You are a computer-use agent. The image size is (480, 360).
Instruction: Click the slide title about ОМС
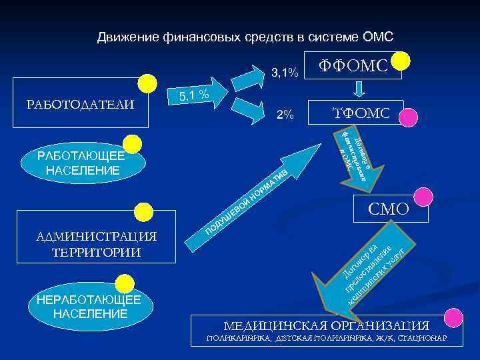pos(245,36)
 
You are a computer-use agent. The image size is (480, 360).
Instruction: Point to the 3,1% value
pos(285,72)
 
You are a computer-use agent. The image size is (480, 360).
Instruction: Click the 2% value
pos(285,115)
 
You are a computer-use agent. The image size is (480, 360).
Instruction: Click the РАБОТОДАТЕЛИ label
pos(79,105)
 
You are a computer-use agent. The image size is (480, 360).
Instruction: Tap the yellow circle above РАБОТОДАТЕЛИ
pos(147,84)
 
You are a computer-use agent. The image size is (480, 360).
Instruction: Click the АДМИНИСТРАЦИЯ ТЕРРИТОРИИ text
pos(97,244)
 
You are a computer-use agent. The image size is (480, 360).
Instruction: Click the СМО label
pos(389,209)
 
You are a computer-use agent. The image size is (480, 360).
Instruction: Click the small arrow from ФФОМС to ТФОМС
pos(359,89)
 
